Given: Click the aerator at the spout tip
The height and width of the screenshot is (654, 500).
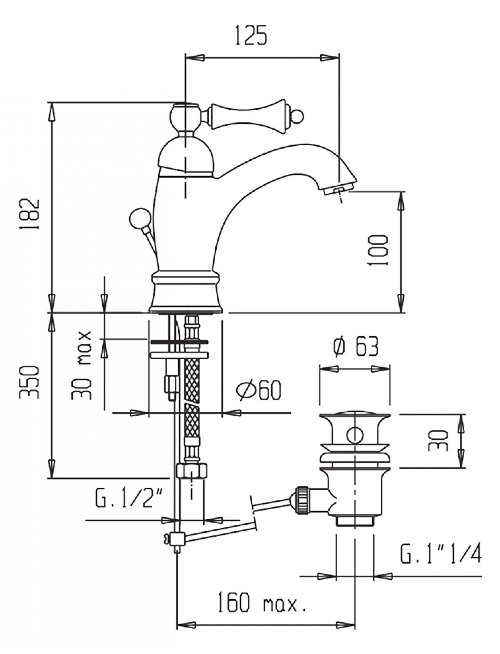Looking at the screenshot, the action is (338, 190).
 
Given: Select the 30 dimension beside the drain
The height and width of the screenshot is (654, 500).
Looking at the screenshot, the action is (438, 440).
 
